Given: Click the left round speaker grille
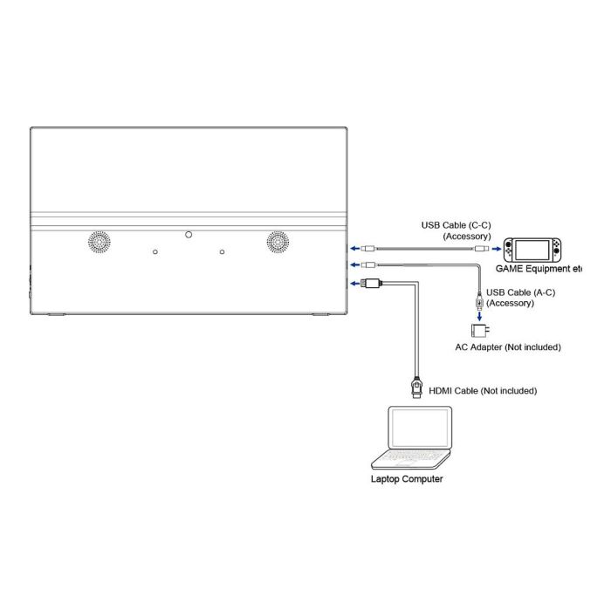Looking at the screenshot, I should click(98, 242).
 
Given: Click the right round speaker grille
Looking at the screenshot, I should click(278, 242).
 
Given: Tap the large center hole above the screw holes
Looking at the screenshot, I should click(189, 234).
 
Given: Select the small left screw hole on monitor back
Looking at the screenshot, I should click(155, 252).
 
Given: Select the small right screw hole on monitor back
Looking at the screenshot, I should click(223, 252).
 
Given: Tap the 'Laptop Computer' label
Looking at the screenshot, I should click(408, 479).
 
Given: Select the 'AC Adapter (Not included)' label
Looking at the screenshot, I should click(507, 347).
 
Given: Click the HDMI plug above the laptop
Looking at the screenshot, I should click(416, 386).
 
